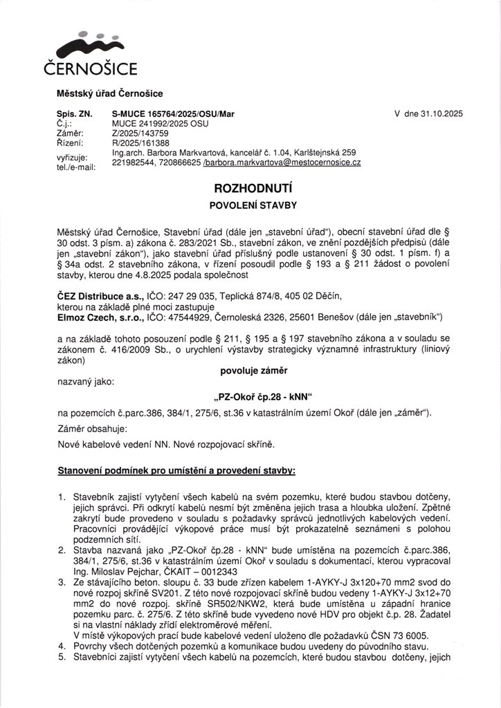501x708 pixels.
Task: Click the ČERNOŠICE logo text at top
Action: (91, 68)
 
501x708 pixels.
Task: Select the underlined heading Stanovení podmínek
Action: (176, 470)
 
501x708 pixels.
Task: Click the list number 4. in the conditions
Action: (62, 646)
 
